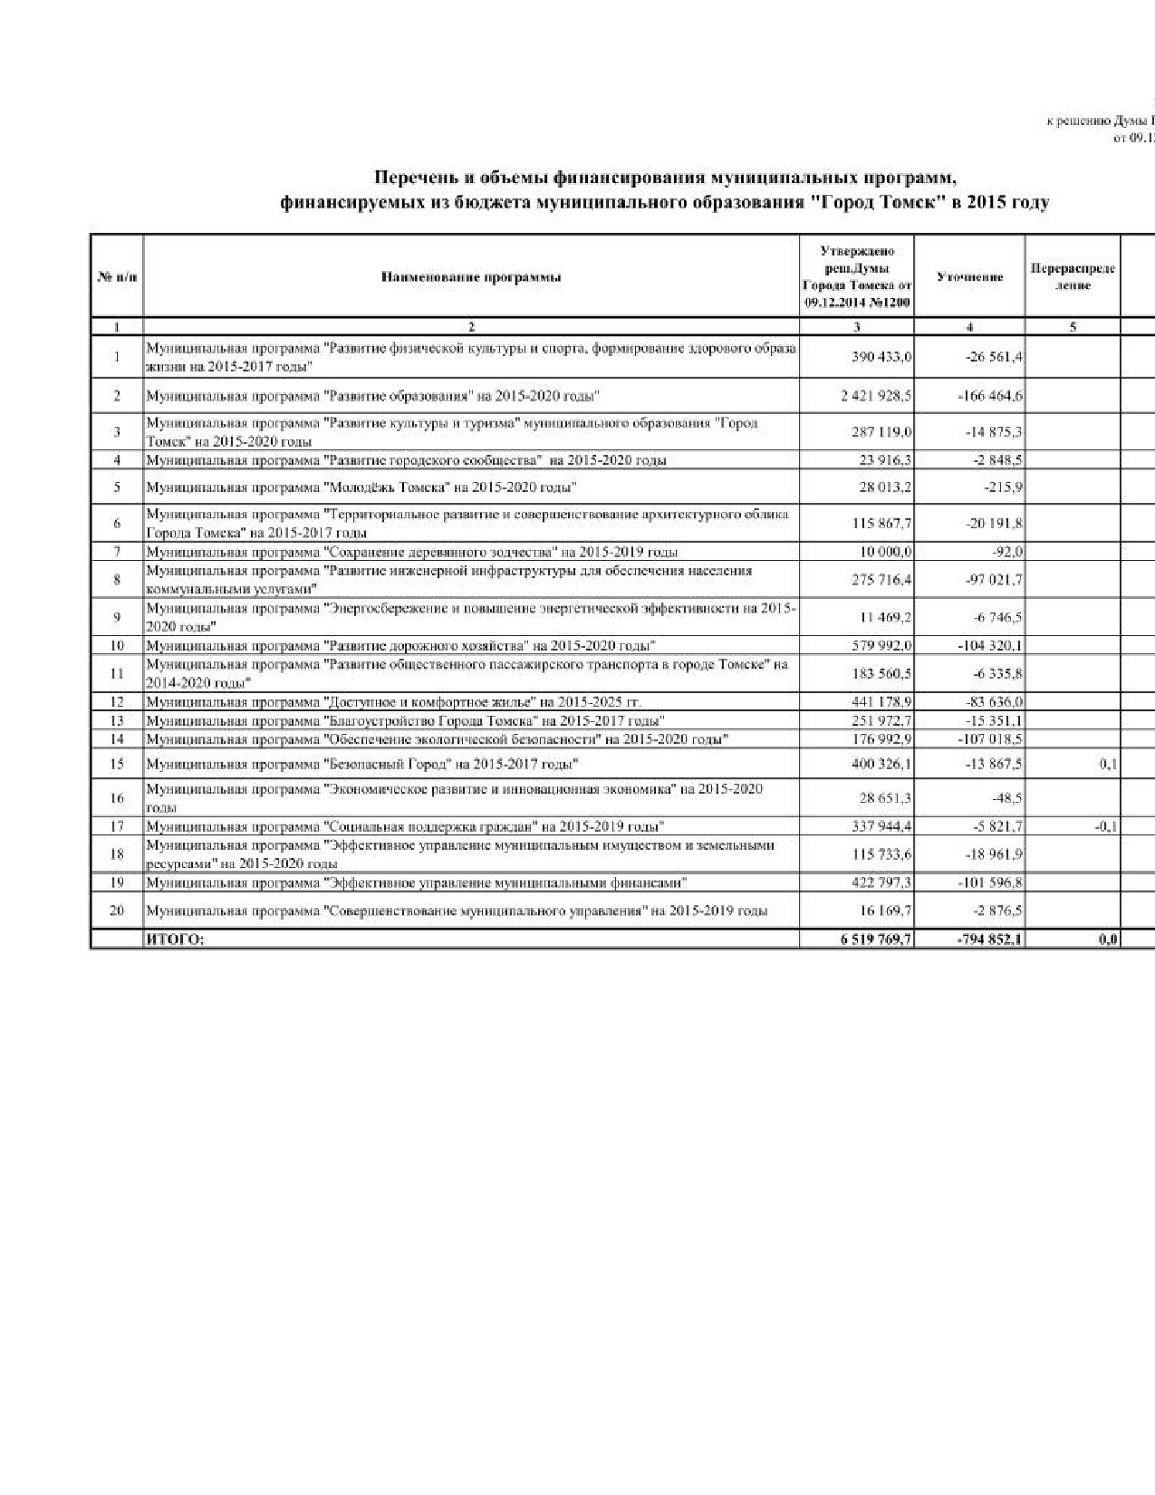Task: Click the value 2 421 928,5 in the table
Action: coord(875,397)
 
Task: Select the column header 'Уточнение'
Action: coord(969,277)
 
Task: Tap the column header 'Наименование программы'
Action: coord(471,277)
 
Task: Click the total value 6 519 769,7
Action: coord(875,940)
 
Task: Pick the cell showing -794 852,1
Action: coord(988,940)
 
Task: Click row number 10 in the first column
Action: coord(117,646)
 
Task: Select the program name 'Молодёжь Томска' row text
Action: coord(362,488)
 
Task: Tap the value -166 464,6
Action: coord(992,397)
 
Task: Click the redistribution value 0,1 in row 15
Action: coord(1107,765)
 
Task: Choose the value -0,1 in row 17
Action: coord(1105,826)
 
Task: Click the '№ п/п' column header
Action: coord(117,277)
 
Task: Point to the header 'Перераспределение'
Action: coord(1073,277)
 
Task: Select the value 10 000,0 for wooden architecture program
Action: coord(885,552)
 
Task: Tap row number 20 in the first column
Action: coord(117,911)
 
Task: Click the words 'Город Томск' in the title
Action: coord(870,203)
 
